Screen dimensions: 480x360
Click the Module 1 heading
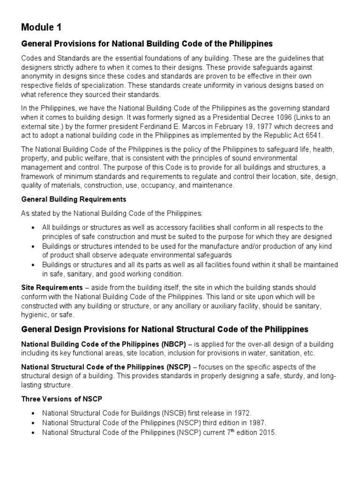(x=41, y=27)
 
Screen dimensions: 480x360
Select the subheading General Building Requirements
(x=74, y=199)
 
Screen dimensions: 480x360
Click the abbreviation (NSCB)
(x=172, y=413)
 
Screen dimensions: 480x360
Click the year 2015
(x=268, y=433)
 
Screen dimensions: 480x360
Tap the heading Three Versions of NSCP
(x=61, y=399)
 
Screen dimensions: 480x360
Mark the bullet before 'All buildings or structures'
(x=32, y=227)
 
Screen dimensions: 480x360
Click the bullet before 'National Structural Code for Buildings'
(x=32, y=413)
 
